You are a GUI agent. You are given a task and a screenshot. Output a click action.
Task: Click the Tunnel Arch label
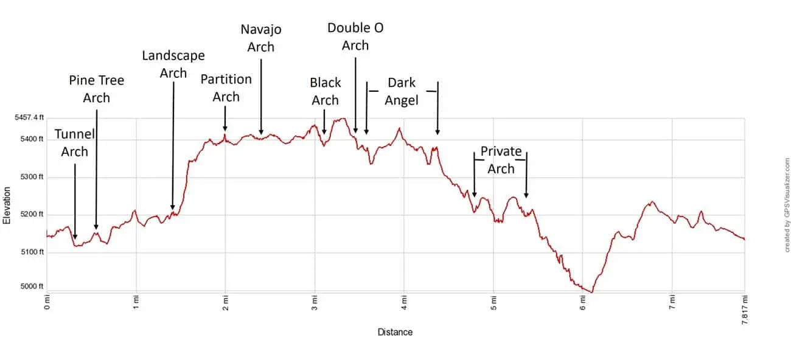pos(74,143)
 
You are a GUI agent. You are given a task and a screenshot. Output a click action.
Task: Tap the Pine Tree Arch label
pos(96,89)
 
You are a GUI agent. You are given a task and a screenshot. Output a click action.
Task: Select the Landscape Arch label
pos(173,64)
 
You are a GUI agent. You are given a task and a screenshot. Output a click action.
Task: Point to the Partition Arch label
pos(226,88)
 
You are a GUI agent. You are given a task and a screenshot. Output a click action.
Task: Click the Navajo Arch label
pos(261,38)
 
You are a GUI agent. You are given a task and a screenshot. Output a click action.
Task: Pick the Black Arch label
pos(326,91)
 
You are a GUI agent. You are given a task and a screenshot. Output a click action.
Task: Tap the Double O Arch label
pos(355,36)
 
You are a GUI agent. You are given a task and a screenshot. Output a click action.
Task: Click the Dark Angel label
pos(402,91)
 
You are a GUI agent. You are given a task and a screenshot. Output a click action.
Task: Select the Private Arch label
pos(501,159)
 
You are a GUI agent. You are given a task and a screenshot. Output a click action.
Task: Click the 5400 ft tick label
pos(33,139)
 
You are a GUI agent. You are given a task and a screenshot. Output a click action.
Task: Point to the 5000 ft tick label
pos(33,286)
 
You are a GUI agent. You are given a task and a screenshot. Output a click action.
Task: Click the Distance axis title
pos(395,332)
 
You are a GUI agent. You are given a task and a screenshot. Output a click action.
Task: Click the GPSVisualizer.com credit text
pos(786,204)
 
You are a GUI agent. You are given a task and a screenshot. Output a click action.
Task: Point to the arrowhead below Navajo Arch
pos(261,131)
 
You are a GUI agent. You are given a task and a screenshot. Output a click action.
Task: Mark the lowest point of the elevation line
pos(591,292)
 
